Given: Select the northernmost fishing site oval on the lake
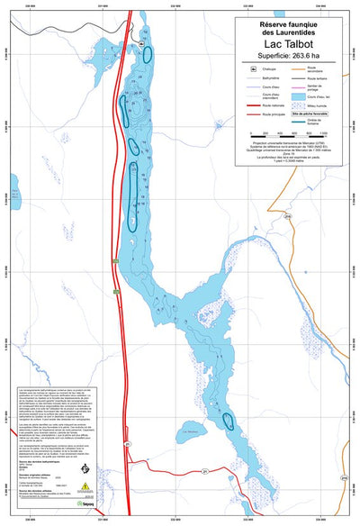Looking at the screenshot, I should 146,53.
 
